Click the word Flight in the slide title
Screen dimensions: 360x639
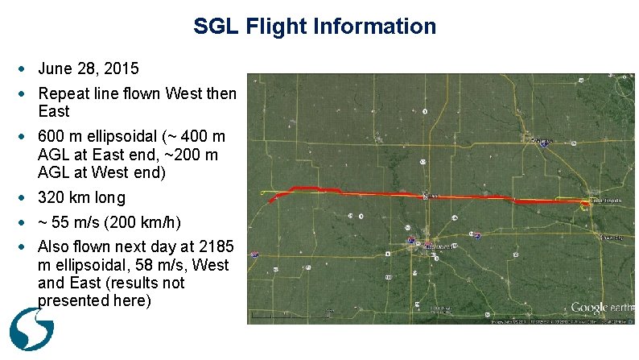(x=270, y=27)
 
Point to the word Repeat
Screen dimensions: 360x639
(x=64, y=93)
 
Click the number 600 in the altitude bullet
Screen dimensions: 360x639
(x=51, y=137)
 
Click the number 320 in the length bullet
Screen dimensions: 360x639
(x=51, y=197)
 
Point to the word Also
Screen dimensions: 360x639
(x=54, y=247)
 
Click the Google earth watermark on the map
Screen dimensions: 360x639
(x=601, y=307)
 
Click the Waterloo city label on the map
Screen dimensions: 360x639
(x=545, y=142)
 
